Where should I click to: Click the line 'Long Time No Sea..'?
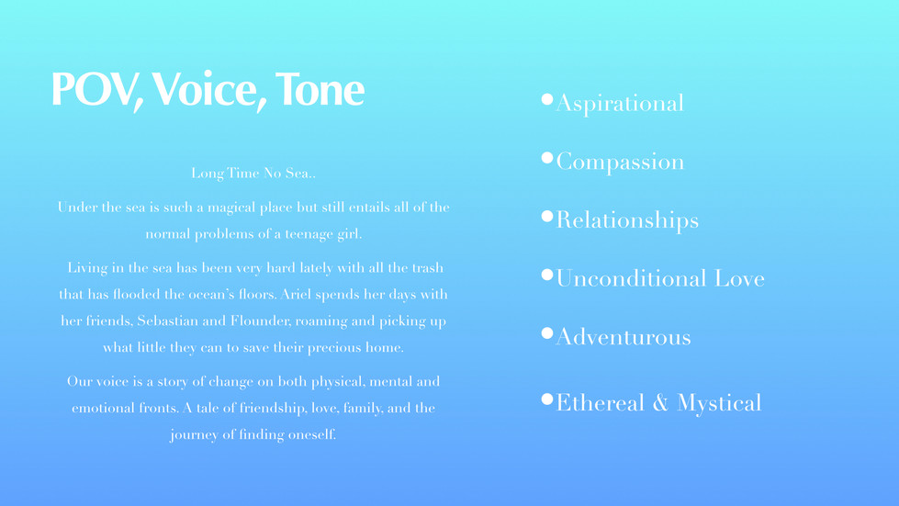click(253, 173)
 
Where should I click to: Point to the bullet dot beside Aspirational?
click(547, 99)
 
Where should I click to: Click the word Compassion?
click(620, 163)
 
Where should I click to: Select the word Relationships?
click(627, 220)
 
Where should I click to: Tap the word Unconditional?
click(631, 278)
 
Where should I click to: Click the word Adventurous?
click(624, 337)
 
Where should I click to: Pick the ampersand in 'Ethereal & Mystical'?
click(660, 403)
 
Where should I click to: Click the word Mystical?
click(719, 403)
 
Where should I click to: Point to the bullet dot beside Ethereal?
click(547, 399)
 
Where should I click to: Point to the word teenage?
click(309, 234)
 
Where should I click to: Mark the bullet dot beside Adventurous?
click(547, 333)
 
